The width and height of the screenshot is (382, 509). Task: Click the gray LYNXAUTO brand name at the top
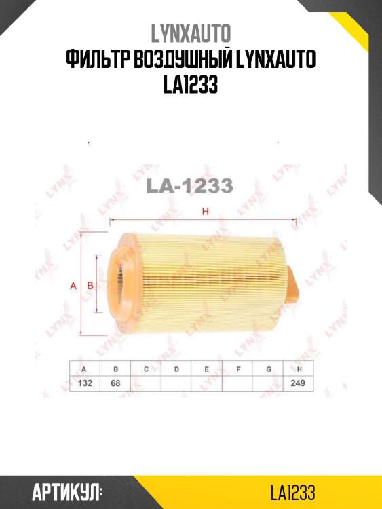point(191,33)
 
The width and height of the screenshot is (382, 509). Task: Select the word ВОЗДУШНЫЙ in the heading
point(182,59)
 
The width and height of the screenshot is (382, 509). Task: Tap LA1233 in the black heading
point(190,85)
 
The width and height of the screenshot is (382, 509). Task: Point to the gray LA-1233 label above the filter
point(190,186)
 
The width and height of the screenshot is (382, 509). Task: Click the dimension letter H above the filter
point(205,212)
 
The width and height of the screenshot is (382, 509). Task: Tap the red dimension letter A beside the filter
point(74,286)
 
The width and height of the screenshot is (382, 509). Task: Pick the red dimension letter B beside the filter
point(90,286)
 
